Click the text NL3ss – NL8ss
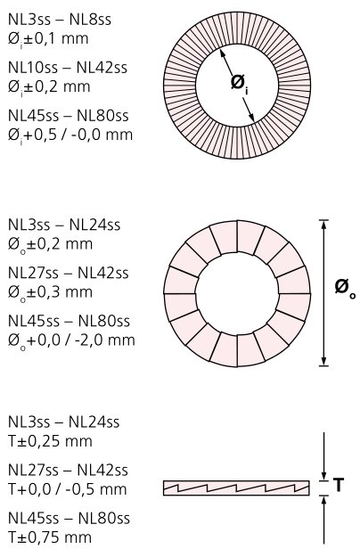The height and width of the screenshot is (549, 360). [x=60, y=20]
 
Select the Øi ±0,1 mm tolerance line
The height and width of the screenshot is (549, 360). [x=48, y=39]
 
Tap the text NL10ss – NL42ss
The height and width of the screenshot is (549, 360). [x=68, y=68]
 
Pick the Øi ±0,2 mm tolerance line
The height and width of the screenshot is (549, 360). [x=49, y=86]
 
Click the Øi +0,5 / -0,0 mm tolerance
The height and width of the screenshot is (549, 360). [x=70, y=135]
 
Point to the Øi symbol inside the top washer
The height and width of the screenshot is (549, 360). [x=240, y=85]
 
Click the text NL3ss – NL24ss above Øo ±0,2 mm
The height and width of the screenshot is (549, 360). [x=64, y=225]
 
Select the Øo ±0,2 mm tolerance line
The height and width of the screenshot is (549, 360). [x=51, y=244]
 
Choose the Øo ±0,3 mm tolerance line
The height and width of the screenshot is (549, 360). [x=51, y=292]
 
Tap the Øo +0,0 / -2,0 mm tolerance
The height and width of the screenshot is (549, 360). [x=71, y=340]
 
